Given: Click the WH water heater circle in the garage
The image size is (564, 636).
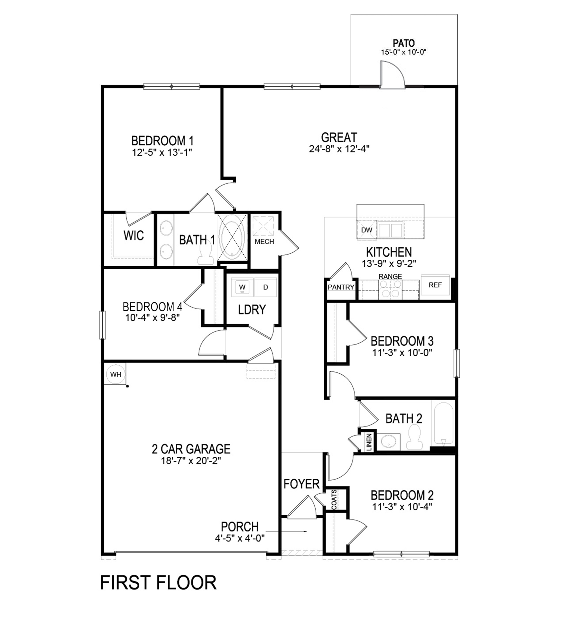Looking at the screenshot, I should click(x=116, y=374).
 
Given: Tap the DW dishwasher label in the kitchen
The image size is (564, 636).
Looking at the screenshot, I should click(x=367, y=230).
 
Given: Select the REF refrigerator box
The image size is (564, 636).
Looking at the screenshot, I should click(x=435, y=285).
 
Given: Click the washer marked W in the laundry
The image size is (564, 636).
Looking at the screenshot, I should click(x=242, y=287).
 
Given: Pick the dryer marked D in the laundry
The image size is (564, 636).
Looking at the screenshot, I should click(x=265, y=287).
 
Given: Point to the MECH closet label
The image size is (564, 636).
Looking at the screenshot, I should click(x=264, y=241).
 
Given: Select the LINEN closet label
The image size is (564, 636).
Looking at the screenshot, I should click(x=369, y=442).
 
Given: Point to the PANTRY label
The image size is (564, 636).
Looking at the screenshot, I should click(x=341, y=287).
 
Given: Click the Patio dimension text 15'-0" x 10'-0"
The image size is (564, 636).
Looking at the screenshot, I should click(x=403, y=52).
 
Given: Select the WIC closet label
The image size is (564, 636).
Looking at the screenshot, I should click(x=134, y=235).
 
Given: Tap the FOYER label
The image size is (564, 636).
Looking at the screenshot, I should click(x=301, y=484).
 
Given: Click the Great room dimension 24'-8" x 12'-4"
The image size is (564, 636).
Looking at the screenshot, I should click(x=339, y=149).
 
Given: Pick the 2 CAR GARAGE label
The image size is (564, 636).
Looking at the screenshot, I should click(x=191, y=449).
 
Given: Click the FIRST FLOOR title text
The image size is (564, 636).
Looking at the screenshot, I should click(x=158, y=583).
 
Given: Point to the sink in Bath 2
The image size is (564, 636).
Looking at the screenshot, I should click(x=388, y=441).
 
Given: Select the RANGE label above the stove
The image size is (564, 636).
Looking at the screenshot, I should click(x=390, y=276).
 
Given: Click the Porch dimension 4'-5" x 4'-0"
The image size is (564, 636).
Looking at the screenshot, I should click(x=240, y=538).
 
